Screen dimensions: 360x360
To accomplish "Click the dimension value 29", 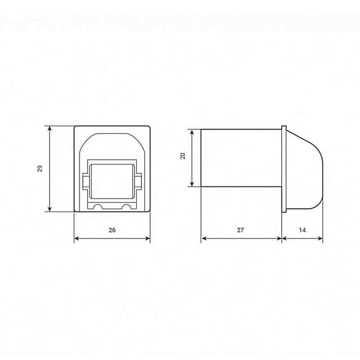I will coord(40,169).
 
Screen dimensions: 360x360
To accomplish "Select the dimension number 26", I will coord(112,230).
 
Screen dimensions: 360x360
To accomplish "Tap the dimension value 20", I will coord(182,157).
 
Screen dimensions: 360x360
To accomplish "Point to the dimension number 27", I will coord(240,230).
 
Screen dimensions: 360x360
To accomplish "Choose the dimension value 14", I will coord(302,230).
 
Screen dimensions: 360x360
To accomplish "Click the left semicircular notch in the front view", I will coord(96,207).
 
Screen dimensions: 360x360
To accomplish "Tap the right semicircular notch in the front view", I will coord(127,207).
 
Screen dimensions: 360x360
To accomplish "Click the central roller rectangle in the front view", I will coord(112,181).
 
